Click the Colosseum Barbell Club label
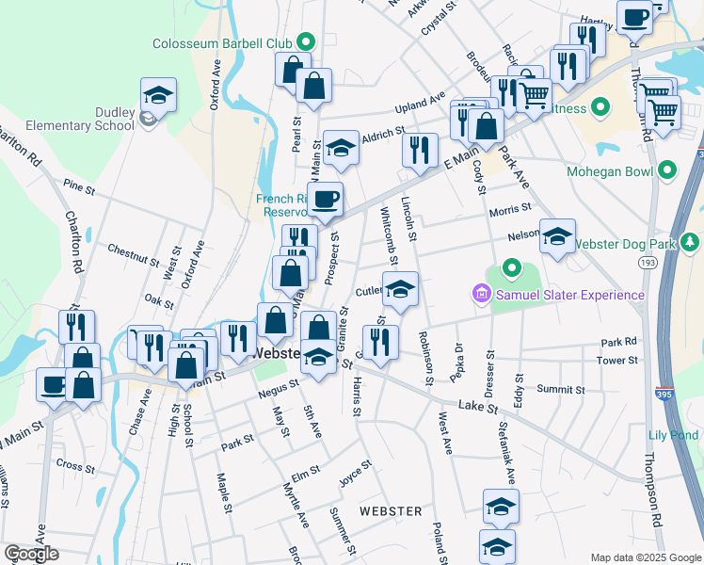point(224,42)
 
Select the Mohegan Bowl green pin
point(667,171)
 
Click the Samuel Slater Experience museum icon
point(482,296)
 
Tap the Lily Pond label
point(674,435)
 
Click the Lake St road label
point(477,405)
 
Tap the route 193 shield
point(647,261)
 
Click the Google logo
point(32,554)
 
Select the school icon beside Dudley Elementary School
point(159,94)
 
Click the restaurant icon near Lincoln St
point(420,148)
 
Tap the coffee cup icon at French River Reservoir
point(327,199)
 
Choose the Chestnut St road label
point(134,254)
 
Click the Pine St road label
point(79,189)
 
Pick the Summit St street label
point(561,389)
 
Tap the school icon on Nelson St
point(557,235)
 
